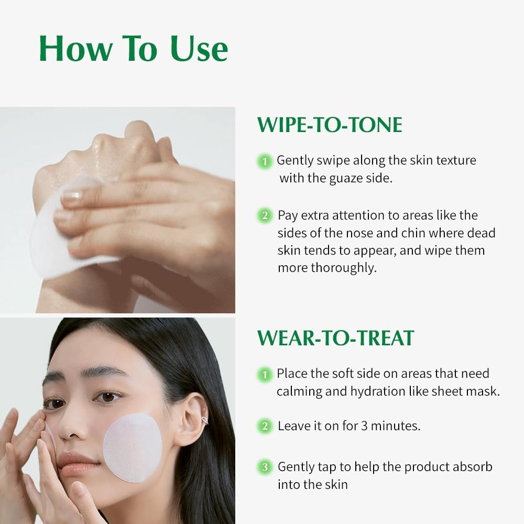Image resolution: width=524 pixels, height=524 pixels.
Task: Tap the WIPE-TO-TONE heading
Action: pos(330,125)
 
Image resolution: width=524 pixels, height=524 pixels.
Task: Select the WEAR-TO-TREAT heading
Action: pos(335,338)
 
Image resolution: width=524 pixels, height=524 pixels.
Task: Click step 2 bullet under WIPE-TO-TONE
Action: pos(265,215)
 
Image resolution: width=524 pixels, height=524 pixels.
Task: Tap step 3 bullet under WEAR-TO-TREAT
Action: pos(265,466)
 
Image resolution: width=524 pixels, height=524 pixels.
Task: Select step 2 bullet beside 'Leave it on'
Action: pos(265,426)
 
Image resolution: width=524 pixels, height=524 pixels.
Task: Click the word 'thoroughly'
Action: pos(342,268)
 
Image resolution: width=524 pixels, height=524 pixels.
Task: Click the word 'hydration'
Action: pos(380,391)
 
